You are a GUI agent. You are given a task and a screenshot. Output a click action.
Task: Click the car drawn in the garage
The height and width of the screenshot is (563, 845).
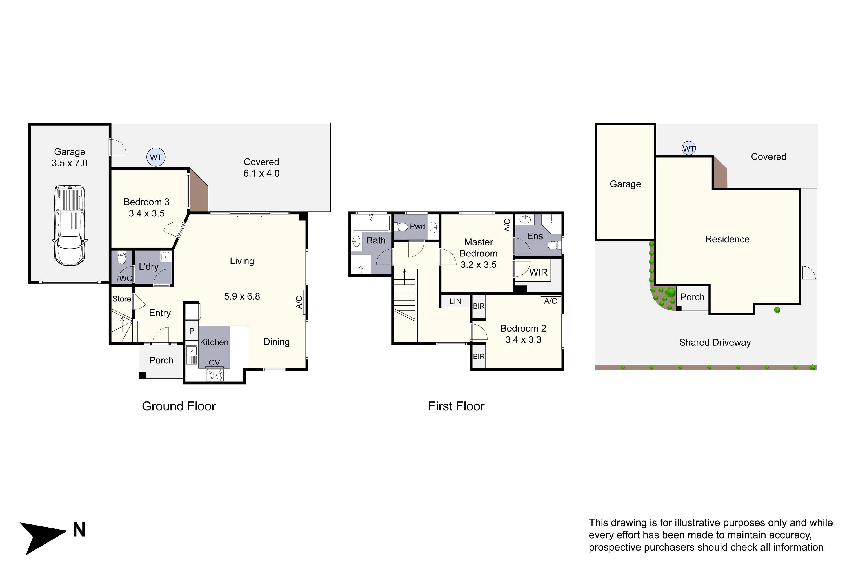(70, 225)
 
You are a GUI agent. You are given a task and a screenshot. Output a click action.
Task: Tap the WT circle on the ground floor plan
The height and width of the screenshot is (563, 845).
(156, 157)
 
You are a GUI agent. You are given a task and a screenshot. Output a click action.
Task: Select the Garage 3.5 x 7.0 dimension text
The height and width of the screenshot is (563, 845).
(70, 163)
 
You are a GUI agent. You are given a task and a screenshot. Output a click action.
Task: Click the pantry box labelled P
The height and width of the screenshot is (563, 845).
(192, 331)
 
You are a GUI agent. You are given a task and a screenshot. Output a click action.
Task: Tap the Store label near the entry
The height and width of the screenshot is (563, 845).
(122, 299)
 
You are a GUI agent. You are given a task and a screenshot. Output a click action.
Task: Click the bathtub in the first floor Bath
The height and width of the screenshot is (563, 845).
(371, 223)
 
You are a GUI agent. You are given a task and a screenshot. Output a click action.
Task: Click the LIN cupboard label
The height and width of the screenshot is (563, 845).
(455, 301)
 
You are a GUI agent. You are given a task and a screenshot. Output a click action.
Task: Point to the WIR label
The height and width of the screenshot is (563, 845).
(538, 272)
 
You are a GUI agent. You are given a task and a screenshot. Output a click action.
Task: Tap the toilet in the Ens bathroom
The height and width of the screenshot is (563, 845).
(554, 245)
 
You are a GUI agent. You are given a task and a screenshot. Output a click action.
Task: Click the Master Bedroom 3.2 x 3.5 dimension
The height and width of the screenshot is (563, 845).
(479, 265)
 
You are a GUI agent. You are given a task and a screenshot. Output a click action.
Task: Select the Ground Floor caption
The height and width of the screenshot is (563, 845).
(179, 406)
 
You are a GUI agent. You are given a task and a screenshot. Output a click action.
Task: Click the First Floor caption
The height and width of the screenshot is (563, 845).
(456, 406)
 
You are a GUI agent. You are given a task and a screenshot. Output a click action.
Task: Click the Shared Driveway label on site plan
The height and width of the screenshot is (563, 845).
(715, 343)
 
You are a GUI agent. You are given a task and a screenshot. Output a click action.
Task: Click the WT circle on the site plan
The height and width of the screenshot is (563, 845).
(689, 148)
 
